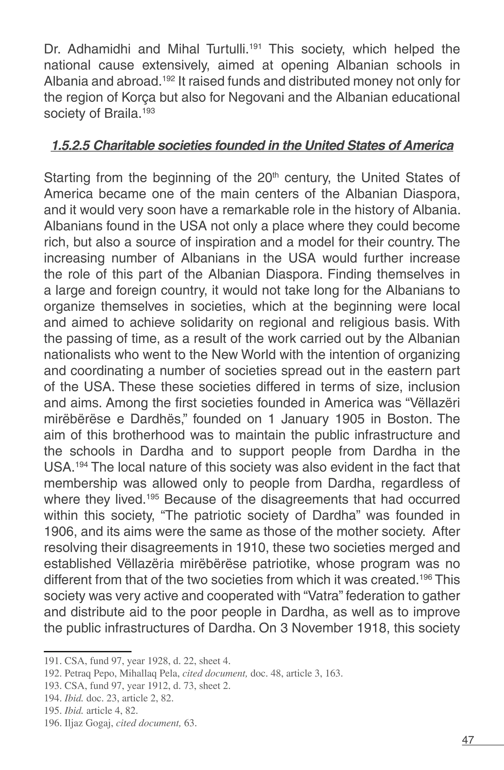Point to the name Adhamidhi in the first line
99,49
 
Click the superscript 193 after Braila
149,111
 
